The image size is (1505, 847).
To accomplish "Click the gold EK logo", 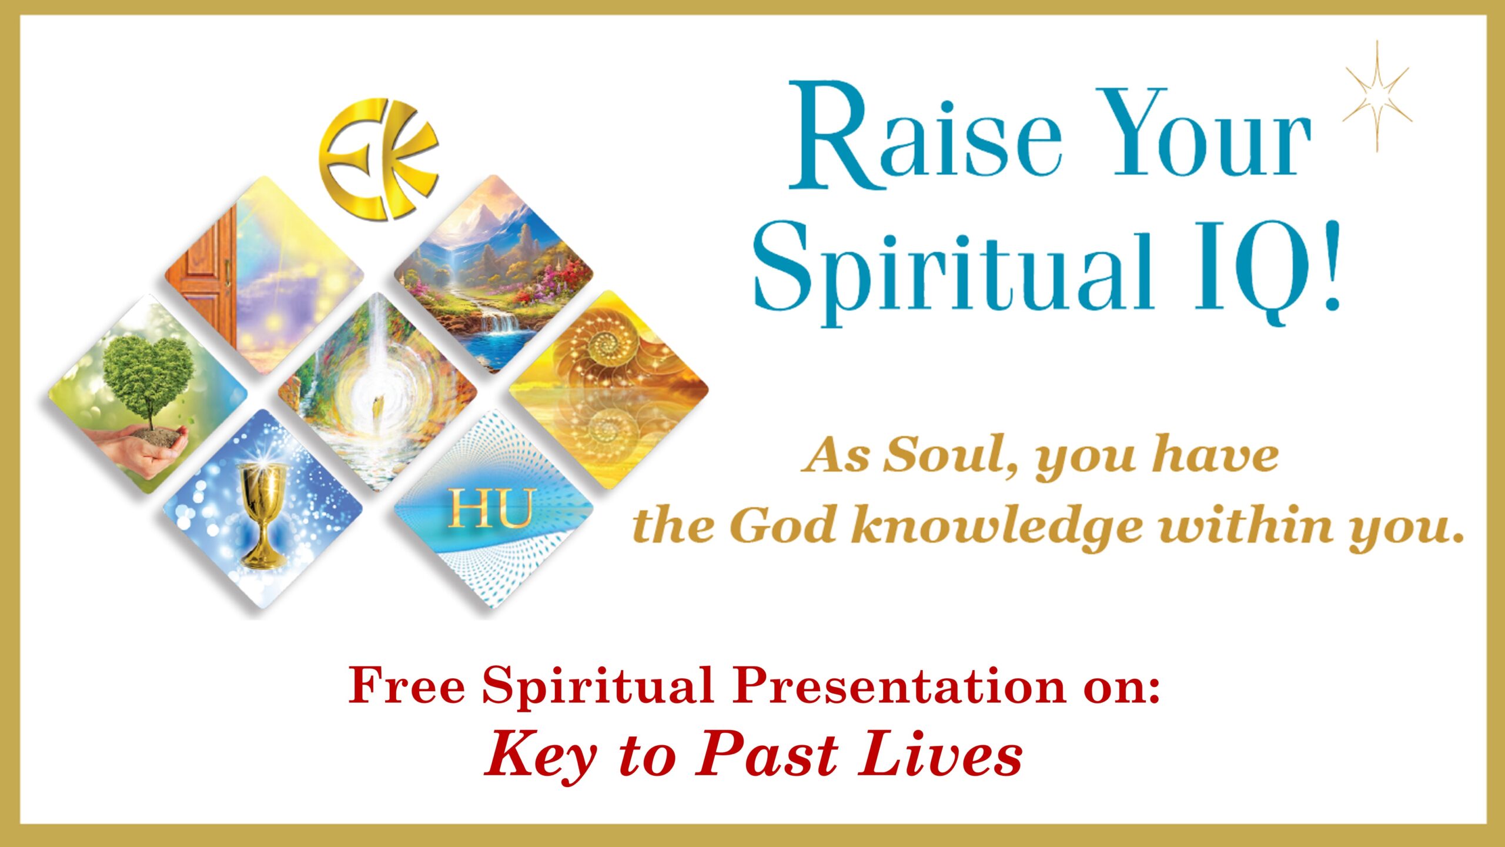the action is click(379, 159).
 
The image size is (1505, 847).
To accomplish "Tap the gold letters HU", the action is click(490, 508).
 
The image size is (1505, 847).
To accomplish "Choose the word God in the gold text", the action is click(784, 525).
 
